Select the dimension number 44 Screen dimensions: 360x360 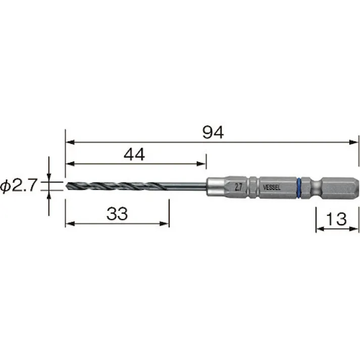point(134,155)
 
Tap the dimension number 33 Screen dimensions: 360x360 point(117,214)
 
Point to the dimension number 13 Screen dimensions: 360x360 point(336,219)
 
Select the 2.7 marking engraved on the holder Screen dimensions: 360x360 point(238,186)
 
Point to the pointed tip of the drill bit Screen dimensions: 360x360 point(67,185)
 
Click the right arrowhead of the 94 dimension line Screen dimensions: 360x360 point(354,143)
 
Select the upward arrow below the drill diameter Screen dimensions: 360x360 point(49,194)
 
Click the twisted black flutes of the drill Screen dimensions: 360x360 point(116,185)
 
